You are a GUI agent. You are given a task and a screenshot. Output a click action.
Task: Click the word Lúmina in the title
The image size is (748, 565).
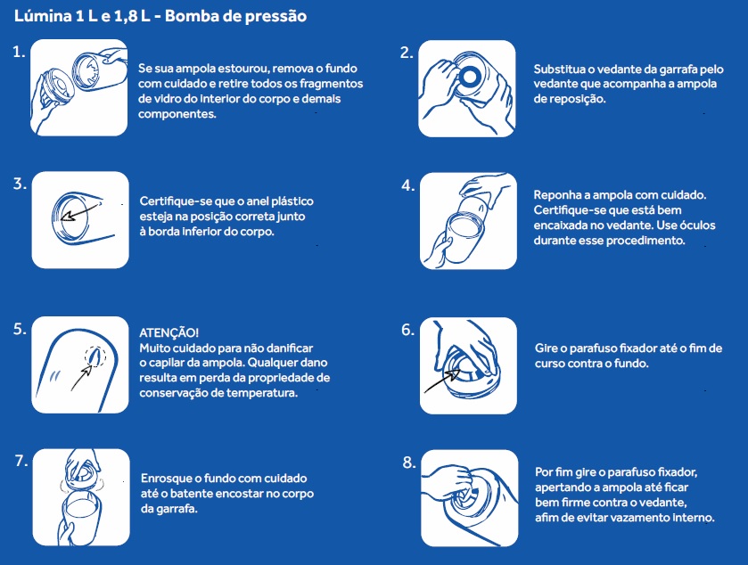coord(43,16)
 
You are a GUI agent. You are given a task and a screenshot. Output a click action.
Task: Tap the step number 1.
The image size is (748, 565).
coord(19,52)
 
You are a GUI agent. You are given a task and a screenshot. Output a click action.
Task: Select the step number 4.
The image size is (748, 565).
coord(407,185)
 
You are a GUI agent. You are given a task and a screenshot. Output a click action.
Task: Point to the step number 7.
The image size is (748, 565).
coord(21,461)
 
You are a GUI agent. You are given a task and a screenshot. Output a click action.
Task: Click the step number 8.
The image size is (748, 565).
coord(409,463)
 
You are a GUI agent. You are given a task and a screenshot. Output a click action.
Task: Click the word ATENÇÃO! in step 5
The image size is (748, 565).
coord(169,332)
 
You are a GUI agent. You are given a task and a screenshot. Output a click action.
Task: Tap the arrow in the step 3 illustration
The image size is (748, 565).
coord(81,211)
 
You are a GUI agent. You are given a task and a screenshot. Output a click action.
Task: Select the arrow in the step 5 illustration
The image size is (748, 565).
coord(81,377)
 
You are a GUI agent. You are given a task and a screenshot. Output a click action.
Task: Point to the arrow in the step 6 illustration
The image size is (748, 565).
coord(442,381)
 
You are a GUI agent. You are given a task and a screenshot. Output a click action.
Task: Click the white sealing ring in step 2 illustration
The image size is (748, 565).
coord(470,77)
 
